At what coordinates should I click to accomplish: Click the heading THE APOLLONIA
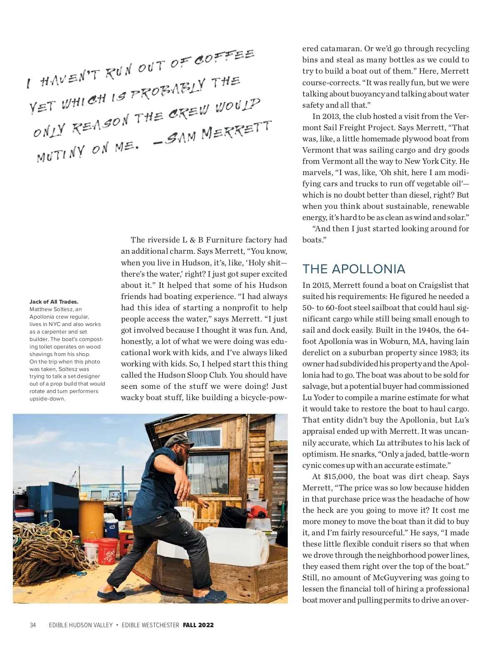pyautogui.click(x=353, y=269)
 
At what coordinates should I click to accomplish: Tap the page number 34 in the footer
pyautogui.click(x=33, y=625)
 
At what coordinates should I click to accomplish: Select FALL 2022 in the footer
pyautogui.click(x=198, y=625)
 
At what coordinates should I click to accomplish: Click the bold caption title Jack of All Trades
pyautogui.click(x=54, y=302)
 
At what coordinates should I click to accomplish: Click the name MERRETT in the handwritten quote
pyautogui.click(x=236, y=131)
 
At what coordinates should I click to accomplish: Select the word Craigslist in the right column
pyautogui.click(x=436, y=285)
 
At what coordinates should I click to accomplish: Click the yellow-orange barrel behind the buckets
pyautogui.click(x=91, y=518)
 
